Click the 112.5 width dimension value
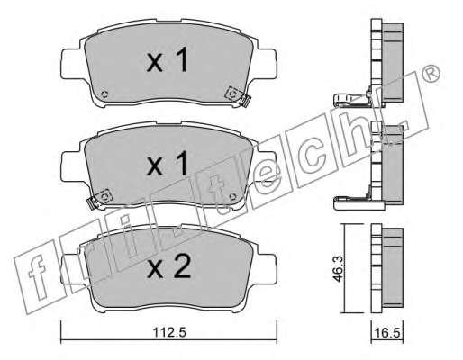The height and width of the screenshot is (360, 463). [x=169, y=332]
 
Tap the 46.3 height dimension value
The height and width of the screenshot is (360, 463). [x=339, y=269]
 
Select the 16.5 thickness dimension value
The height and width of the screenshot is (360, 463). [x=387, y=333]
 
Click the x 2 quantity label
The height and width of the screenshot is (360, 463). [x=169, y=266]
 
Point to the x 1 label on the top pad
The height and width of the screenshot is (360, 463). [x=167, y=59]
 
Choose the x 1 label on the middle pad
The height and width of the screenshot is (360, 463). [x=167, y=163]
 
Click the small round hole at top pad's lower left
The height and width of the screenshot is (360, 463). [x=104, y=94]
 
